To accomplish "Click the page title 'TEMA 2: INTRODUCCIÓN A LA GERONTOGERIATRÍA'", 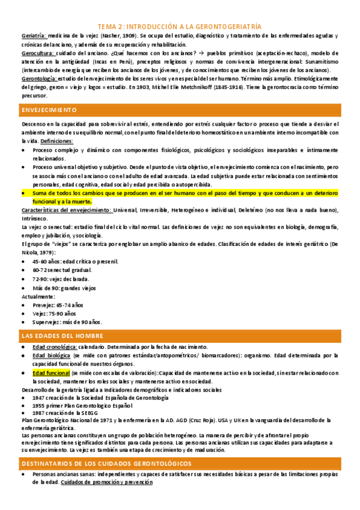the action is [180, 27].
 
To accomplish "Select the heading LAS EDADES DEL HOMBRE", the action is [63, 336].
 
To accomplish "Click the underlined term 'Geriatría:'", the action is [33, 36].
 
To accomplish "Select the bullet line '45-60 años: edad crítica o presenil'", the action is [75, 261].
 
